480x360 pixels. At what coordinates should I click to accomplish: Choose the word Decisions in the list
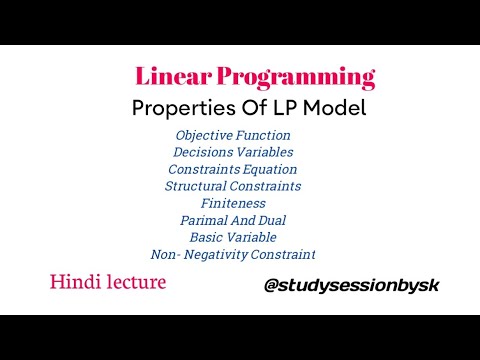[x=203, y=152]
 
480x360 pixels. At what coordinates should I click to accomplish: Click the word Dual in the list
[x=279, y=220]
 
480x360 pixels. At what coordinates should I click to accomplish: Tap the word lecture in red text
[x=134, y=283]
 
